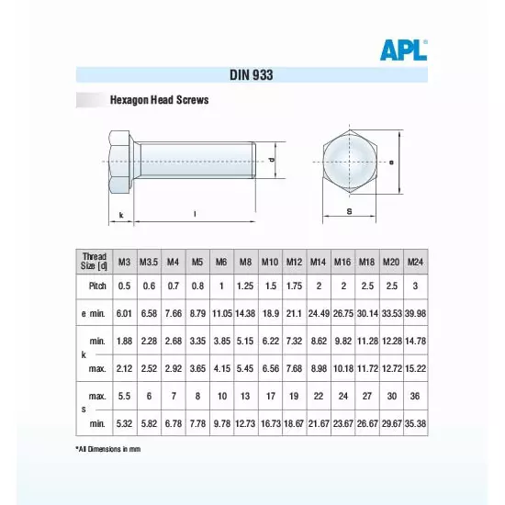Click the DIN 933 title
pos(252,77)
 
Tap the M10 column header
pos(270,263)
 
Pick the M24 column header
pos(416,263)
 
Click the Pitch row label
pos(94,286)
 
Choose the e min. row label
pos(94,313)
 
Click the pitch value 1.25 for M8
pos(245,286)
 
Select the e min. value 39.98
pos(416,313)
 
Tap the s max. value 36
pos(416,396)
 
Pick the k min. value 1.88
pos(125,342)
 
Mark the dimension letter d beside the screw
pos(273,159)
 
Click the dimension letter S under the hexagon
pos(350,211)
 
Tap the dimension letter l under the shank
pos(195,214)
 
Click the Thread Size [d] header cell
pos(94,262)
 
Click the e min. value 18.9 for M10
pos(270,313)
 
